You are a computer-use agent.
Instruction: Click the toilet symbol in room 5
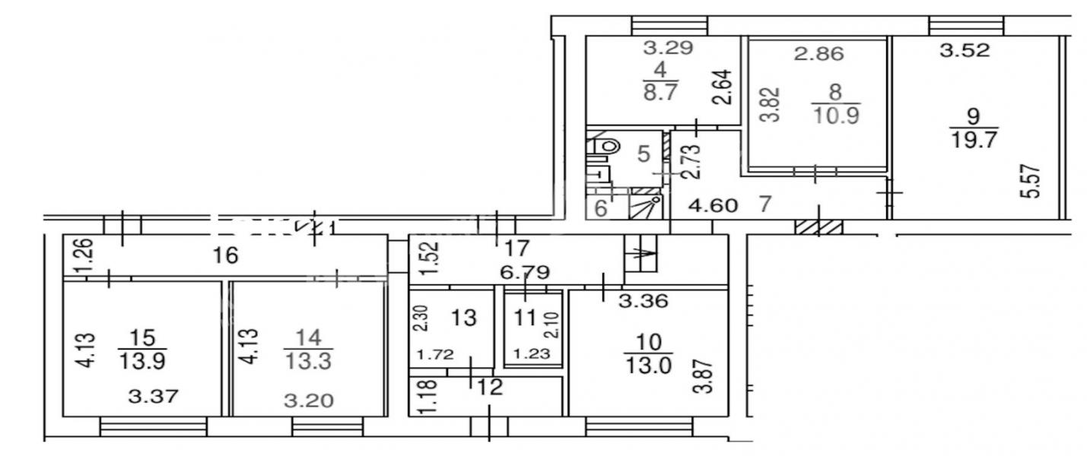tap(607, 145)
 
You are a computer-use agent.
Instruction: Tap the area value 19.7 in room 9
tap(974, 140)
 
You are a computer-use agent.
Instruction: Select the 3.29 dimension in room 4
tap(668, 47)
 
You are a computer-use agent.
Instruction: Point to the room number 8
tap(836, 92)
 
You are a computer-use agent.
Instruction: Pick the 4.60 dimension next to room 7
tap(714, 205)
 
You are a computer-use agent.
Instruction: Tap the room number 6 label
tap(601, 209)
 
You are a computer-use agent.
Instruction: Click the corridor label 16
tap(226, 255)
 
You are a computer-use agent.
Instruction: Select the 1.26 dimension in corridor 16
tap(85, 255)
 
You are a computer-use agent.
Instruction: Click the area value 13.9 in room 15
tap(142, 361)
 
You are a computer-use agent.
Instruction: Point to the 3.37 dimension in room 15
tap(154, 397)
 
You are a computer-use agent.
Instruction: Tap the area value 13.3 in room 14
tap(308, 361)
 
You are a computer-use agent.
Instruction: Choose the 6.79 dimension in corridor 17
tap(525, 272)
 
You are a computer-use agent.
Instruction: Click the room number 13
tap(464, 318)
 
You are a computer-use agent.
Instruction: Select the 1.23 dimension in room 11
tap(532, 354)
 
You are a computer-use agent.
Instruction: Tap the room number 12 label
tap(490, 388)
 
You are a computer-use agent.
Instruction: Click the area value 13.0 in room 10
tap(648, 366)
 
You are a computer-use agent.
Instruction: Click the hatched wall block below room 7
tap(818, 226)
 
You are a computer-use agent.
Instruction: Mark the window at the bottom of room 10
tap(639, 426)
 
